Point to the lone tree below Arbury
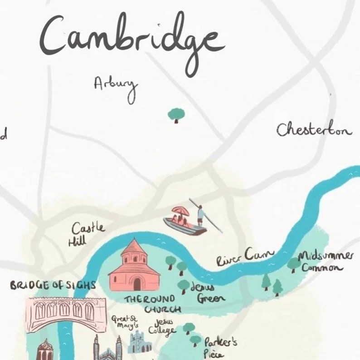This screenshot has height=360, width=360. tap(175, 114)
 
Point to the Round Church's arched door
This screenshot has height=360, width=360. tap(137, 284)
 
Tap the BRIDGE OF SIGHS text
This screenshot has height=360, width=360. tap(53, 286)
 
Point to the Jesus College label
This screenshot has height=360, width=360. tap(165, 326)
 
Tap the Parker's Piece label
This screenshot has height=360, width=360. tap(219, 347)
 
